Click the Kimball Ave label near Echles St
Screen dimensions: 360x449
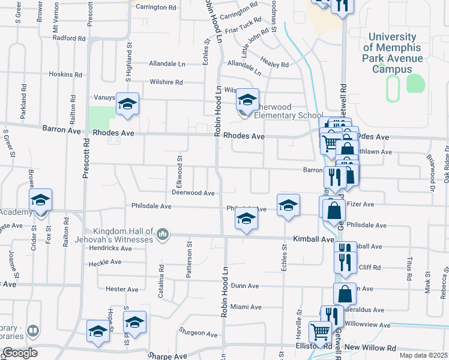click(313, 239)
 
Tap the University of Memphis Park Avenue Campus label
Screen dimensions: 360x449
click(397, 53)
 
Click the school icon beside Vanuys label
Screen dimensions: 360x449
click(127, 104)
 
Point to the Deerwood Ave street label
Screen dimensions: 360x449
click(193, 193)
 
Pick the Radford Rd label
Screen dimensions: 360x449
click(69, 38)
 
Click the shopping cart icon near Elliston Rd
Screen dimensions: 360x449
click(320, 331)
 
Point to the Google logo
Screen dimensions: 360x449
click(19, 352)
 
